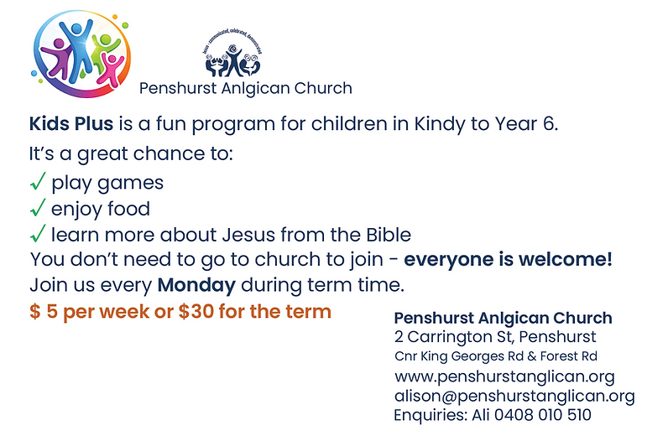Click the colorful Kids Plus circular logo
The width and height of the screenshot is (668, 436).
[81, 54]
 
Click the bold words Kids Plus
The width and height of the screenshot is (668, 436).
[71, 124]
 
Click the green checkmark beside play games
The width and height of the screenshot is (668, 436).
[38, 181]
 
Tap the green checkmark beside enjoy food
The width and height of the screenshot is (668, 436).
[38, 207]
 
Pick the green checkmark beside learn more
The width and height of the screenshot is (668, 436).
[38, 233]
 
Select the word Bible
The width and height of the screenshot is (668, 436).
[389, 235]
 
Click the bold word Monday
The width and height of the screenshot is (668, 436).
[196, 285]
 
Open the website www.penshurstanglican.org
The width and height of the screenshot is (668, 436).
[504, 376]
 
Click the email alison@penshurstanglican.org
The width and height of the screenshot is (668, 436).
[514, 396]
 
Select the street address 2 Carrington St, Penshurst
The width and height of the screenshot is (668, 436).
[495, 337]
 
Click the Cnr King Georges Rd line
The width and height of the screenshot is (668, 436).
[495, 356]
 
